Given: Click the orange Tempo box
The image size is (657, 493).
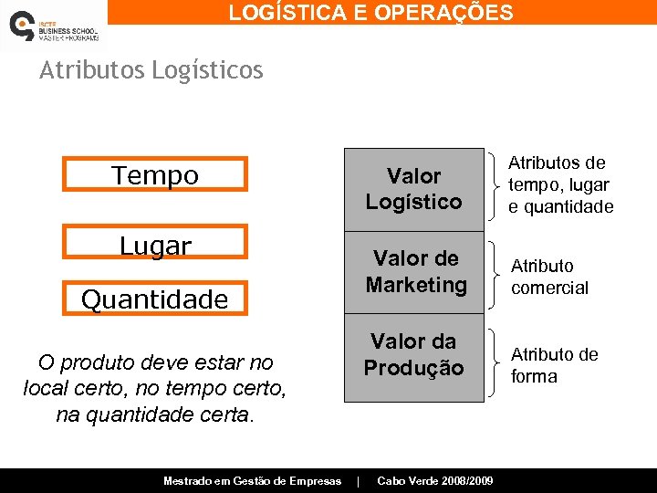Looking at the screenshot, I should click(154, 174).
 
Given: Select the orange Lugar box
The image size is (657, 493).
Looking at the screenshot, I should click(154, 245).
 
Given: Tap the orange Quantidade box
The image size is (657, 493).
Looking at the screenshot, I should click(154, 299).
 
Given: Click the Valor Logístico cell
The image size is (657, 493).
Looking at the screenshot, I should click(413, 188).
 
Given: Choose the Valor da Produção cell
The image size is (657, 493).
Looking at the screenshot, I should click(413, 355).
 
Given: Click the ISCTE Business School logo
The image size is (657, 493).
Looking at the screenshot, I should click(52, 26).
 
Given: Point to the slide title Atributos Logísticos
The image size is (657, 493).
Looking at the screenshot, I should click(151, 70).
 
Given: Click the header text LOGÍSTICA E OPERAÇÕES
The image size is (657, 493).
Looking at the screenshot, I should click(370, 13).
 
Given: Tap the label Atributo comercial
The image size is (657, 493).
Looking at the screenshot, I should click(549, 277).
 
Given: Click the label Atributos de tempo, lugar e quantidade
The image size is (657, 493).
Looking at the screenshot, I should click(560, 185).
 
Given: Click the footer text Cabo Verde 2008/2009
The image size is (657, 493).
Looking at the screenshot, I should click(434, 481).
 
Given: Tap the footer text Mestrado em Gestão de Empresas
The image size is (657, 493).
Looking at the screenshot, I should click(252, 481).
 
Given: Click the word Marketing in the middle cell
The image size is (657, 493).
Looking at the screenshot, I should click(415, 285).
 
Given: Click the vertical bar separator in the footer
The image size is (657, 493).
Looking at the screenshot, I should click(359, 481).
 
